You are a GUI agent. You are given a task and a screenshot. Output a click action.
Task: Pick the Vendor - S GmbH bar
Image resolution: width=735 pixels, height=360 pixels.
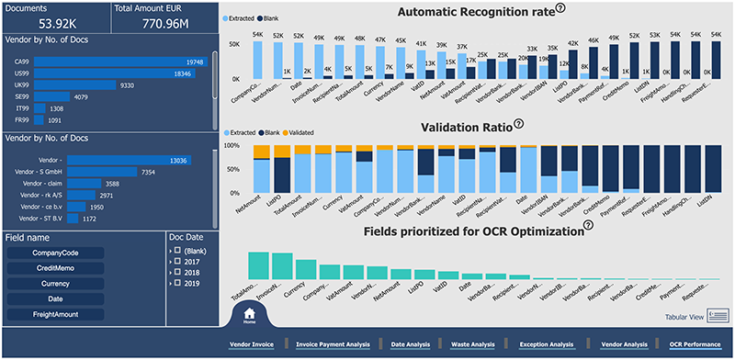[101, 173]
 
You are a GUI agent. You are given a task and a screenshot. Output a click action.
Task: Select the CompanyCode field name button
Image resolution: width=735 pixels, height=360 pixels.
[54, 253]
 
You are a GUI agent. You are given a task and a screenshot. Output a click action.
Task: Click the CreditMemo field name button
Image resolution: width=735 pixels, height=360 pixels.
[54, 268]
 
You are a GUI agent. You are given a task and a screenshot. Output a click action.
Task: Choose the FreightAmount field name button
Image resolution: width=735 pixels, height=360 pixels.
[54, 314]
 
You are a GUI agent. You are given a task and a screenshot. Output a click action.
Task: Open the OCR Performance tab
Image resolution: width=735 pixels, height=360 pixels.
[694, 344]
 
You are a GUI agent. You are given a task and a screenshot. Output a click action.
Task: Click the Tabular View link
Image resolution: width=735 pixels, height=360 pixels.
[684, 317]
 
